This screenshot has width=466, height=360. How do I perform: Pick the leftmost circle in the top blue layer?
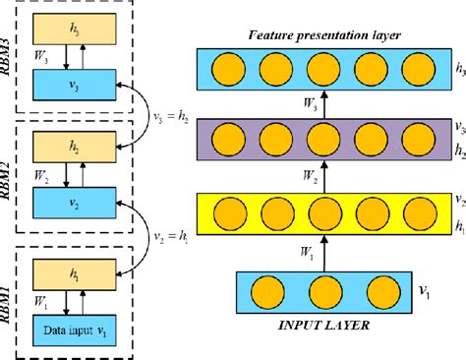[x=228, y=71]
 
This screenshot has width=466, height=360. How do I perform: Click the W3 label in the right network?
[x=303, y=107]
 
